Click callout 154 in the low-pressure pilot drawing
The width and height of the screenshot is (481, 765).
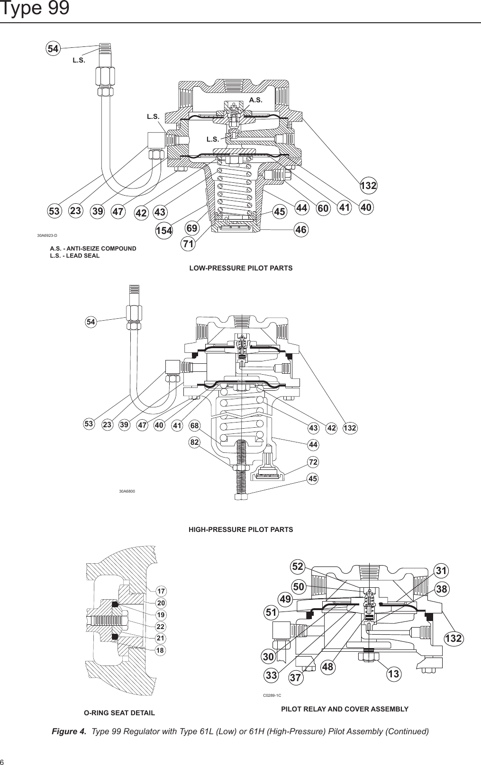pyautogui.click(x=164, y=231)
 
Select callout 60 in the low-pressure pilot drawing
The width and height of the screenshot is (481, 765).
pyautogui.click(x=324, y=208)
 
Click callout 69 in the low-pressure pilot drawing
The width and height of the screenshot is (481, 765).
pyautogui.click(x=191, y=228)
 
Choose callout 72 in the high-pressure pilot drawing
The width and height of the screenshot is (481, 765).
pyautogui.click(x=313, y=461)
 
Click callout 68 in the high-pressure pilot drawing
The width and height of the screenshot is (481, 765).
pyautogui.click(x=195, y=425)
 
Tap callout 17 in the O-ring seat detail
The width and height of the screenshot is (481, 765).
pyautogui.click(x=161, y=591)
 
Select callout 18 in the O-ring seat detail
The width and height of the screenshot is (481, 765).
pyautogui.click(x=161, y=650)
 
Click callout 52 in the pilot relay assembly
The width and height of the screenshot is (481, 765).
pyautogui.click(x=298, y=566)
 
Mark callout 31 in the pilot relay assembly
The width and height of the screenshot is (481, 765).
pyautogui.click(x=441, y=571)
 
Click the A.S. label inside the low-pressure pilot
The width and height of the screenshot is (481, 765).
pyautogui.click(x=256, y=100)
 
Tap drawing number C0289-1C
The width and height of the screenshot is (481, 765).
pyautogui.click(x=272, y=695)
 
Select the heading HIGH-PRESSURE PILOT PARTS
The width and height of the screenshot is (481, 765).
pyautogui.click(x=241, y=529)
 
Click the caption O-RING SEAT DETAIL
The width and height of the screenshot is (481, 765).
pyautogui.click(x=119, y=712)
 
